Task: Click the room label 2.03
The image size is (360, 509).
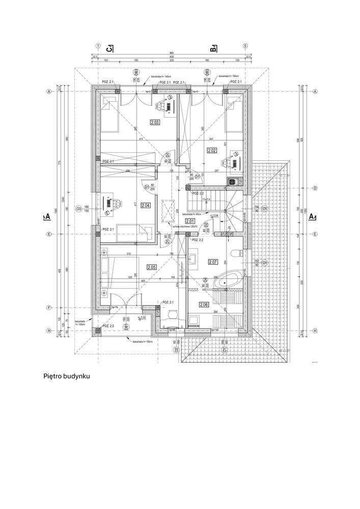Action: [155, 122]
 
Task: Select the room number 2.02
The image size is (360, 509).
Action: [212, 150]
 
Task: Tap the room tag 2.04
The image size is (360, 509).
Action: [145, 206]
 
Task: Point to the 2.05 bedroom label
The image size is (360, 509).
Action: [151, 267]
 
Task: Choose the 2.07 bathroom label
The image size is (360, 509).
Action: [213, 262]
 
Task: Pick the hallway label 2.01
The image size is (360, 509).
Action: [190, 221]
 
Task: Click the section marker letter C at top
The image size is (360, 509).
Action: [109, 49]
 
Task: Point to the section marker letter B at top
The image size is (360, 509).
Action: [214, 49]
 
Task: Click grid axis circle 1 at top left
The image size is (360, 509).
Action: [96, 45]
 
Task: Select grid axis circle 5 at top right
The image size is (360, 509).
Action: [245, 45]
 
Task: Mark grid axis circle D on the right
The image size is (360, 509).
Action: [315, 188]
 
